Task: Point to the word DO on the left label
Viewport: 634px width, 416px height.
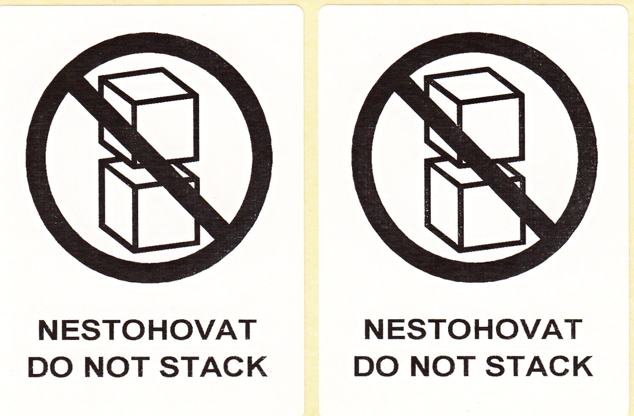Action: tap(54, 367)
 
